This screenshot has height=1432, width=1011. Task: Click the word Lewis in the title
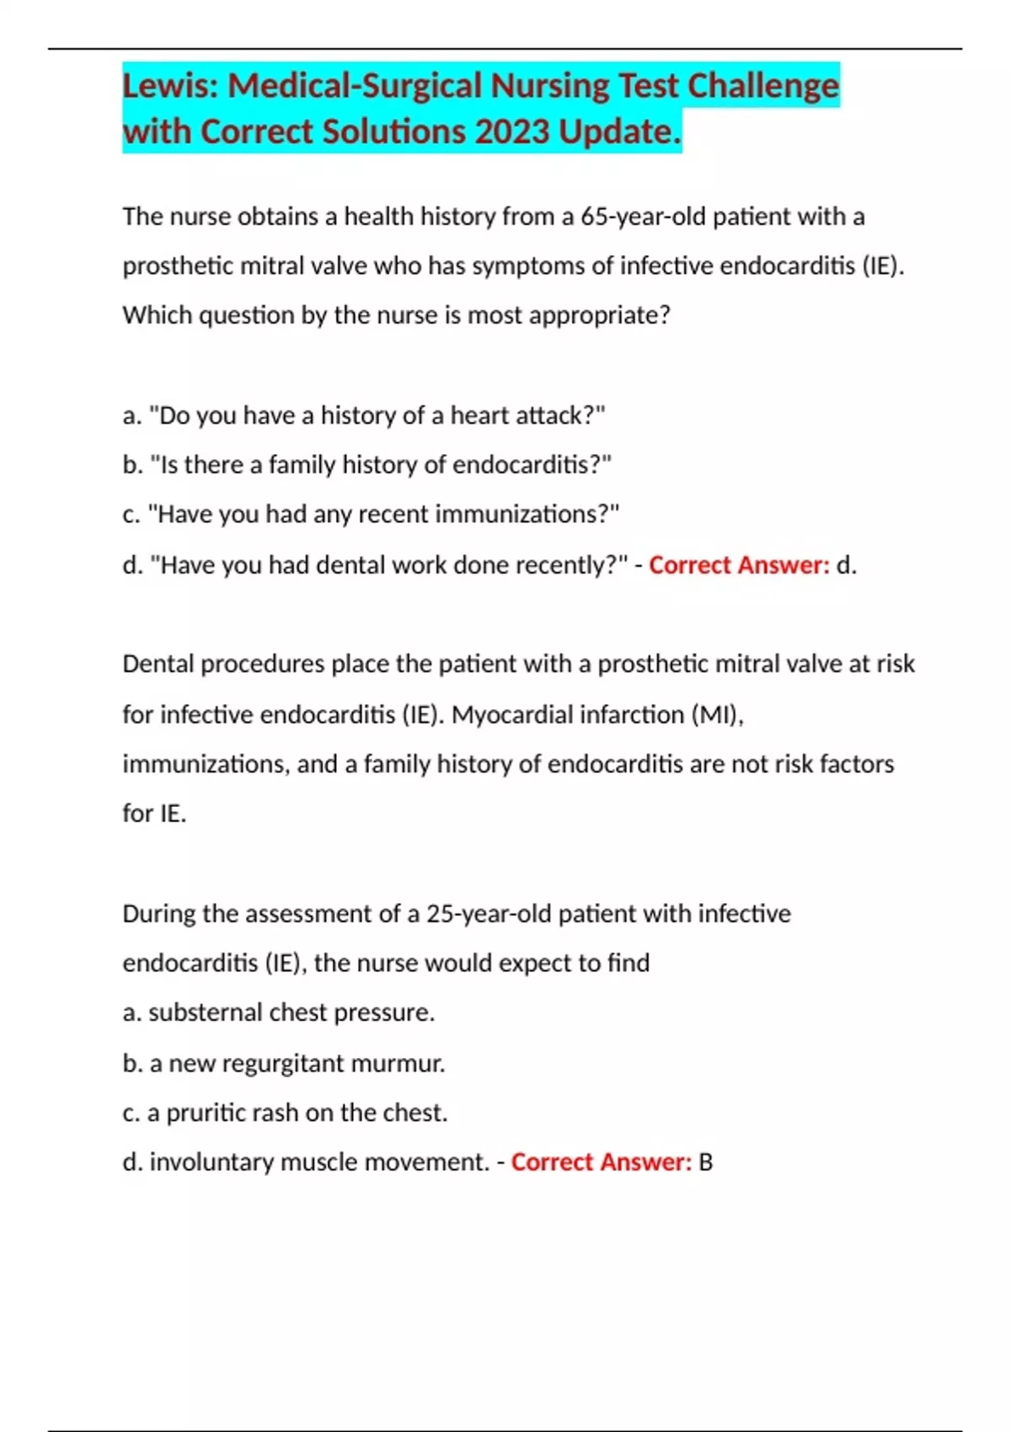(168, 86)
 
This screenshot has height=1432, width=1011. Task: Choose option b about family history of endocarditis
(367, 465)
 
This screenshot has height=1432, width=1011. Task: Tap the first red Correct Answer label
(739, 564)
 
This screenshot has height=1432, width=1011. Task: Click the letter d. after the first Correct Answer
(846, 564)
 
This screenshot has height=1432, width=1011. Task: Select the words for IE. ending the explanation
(154, 813)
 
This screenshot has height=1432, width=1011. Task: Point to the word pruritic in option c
(206, 1113)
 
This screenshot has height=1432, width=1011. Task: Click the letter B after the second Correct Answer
(705, 1162)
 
